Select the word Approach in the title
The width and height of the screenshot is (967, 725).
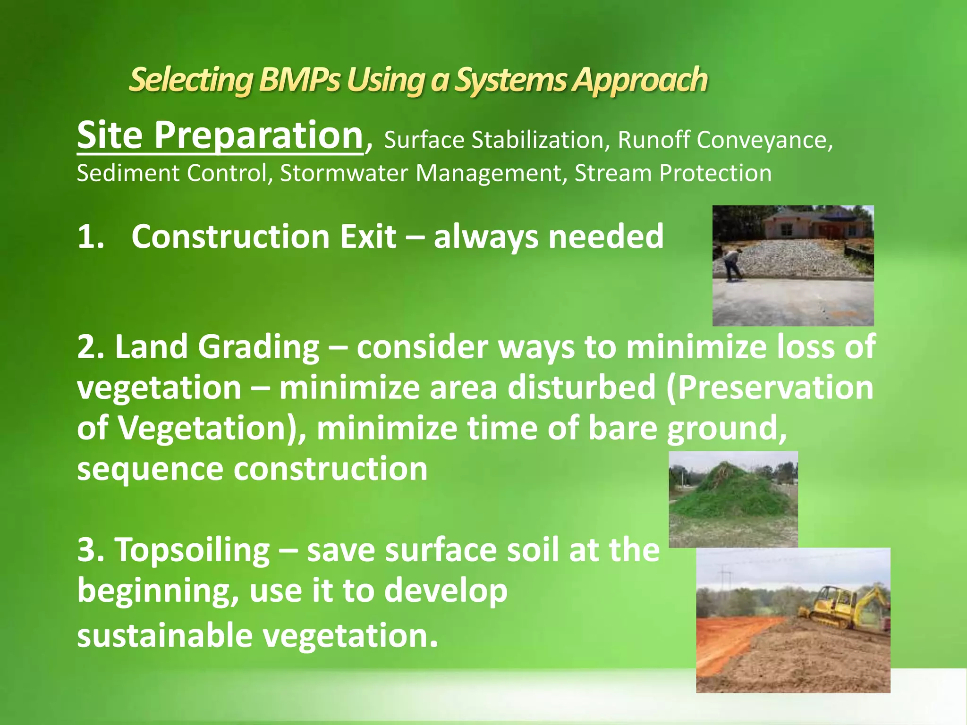(640, 79)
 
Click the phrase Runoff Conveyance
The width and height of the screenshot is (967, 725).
(725, 140)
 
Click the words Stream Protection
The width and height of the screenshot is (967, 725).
(673, 173)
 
